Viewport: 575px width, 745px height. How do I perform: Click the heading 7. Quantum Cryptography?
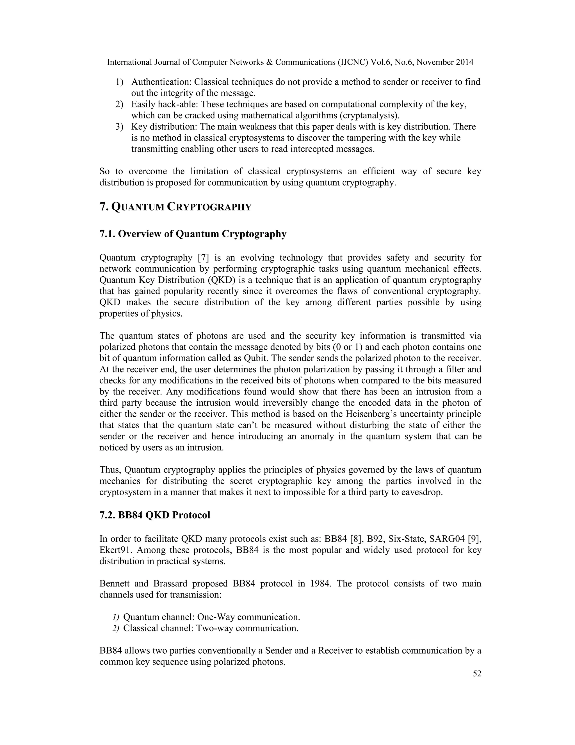tap(175, 207)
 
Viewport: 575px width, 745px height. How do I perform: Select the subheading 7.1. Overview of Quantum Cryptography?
tap(193, 234)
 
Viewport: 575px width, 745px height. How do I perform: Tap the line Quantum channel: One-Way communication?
tap(211, 617)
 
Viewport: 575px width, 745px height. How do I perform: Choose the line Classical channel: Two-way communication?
tap(211, 628)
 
